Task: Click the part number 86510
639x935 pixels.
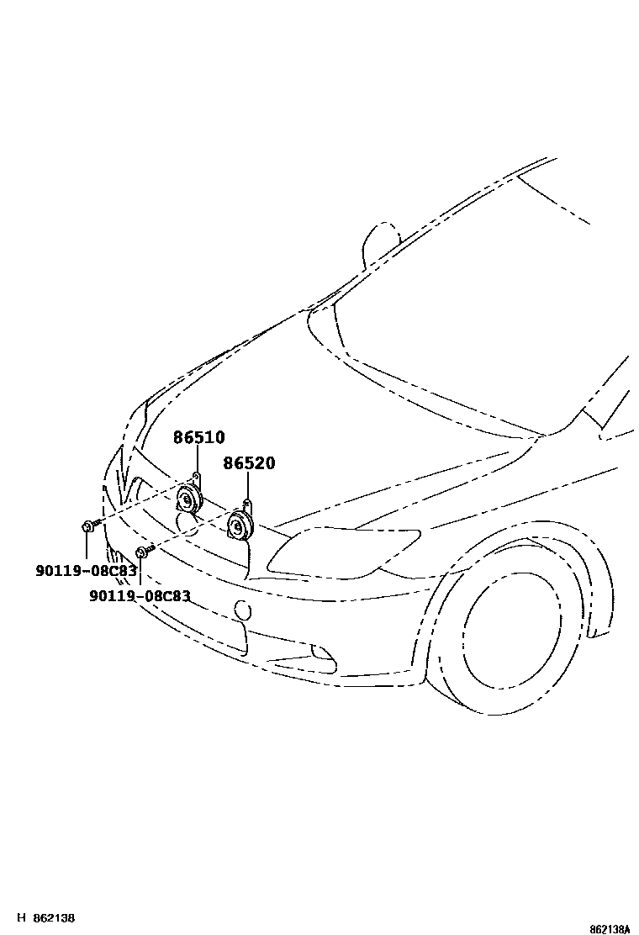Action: (x=199, y=437)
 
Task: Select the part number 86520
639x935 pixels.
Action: (x=249, y=463)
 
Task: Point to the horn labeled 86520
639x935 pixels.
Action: (x=240, y=528)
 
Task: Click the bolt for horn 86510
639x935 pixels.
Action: (x=89, y=526)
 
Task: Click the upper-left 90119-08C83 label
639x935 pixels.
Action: (x=86, y=571)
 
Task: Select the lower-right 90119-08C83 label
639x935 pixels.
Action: (x=140, y=596)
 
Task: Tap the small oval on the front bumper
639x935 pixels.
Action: (x=241, y=610)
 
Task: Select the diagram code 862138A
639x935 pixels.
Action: (x=609, y=929)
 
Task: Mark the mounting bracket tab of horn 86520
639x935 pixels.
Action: (x=246, y=504)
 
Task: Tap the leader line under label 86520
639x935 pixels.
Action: (x=249, y=485)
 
